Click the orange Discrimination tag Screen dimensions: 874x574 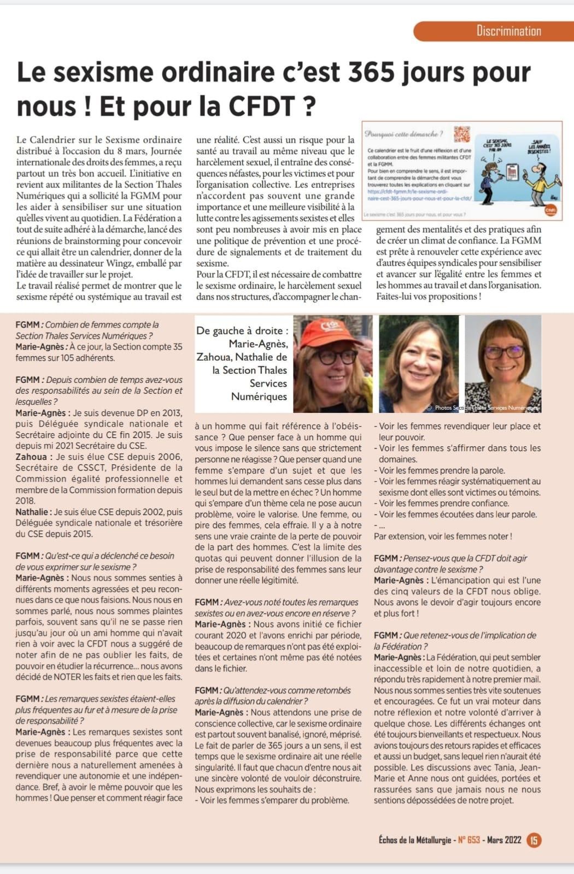508,31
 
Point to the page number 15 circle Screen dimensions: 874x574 534,840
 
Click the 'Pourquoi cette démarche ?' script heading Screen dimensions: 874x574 403,134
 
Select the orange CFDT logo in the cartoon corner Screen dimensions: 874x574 550,210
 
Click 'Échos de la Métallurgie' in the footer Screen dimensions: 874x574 414,840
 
